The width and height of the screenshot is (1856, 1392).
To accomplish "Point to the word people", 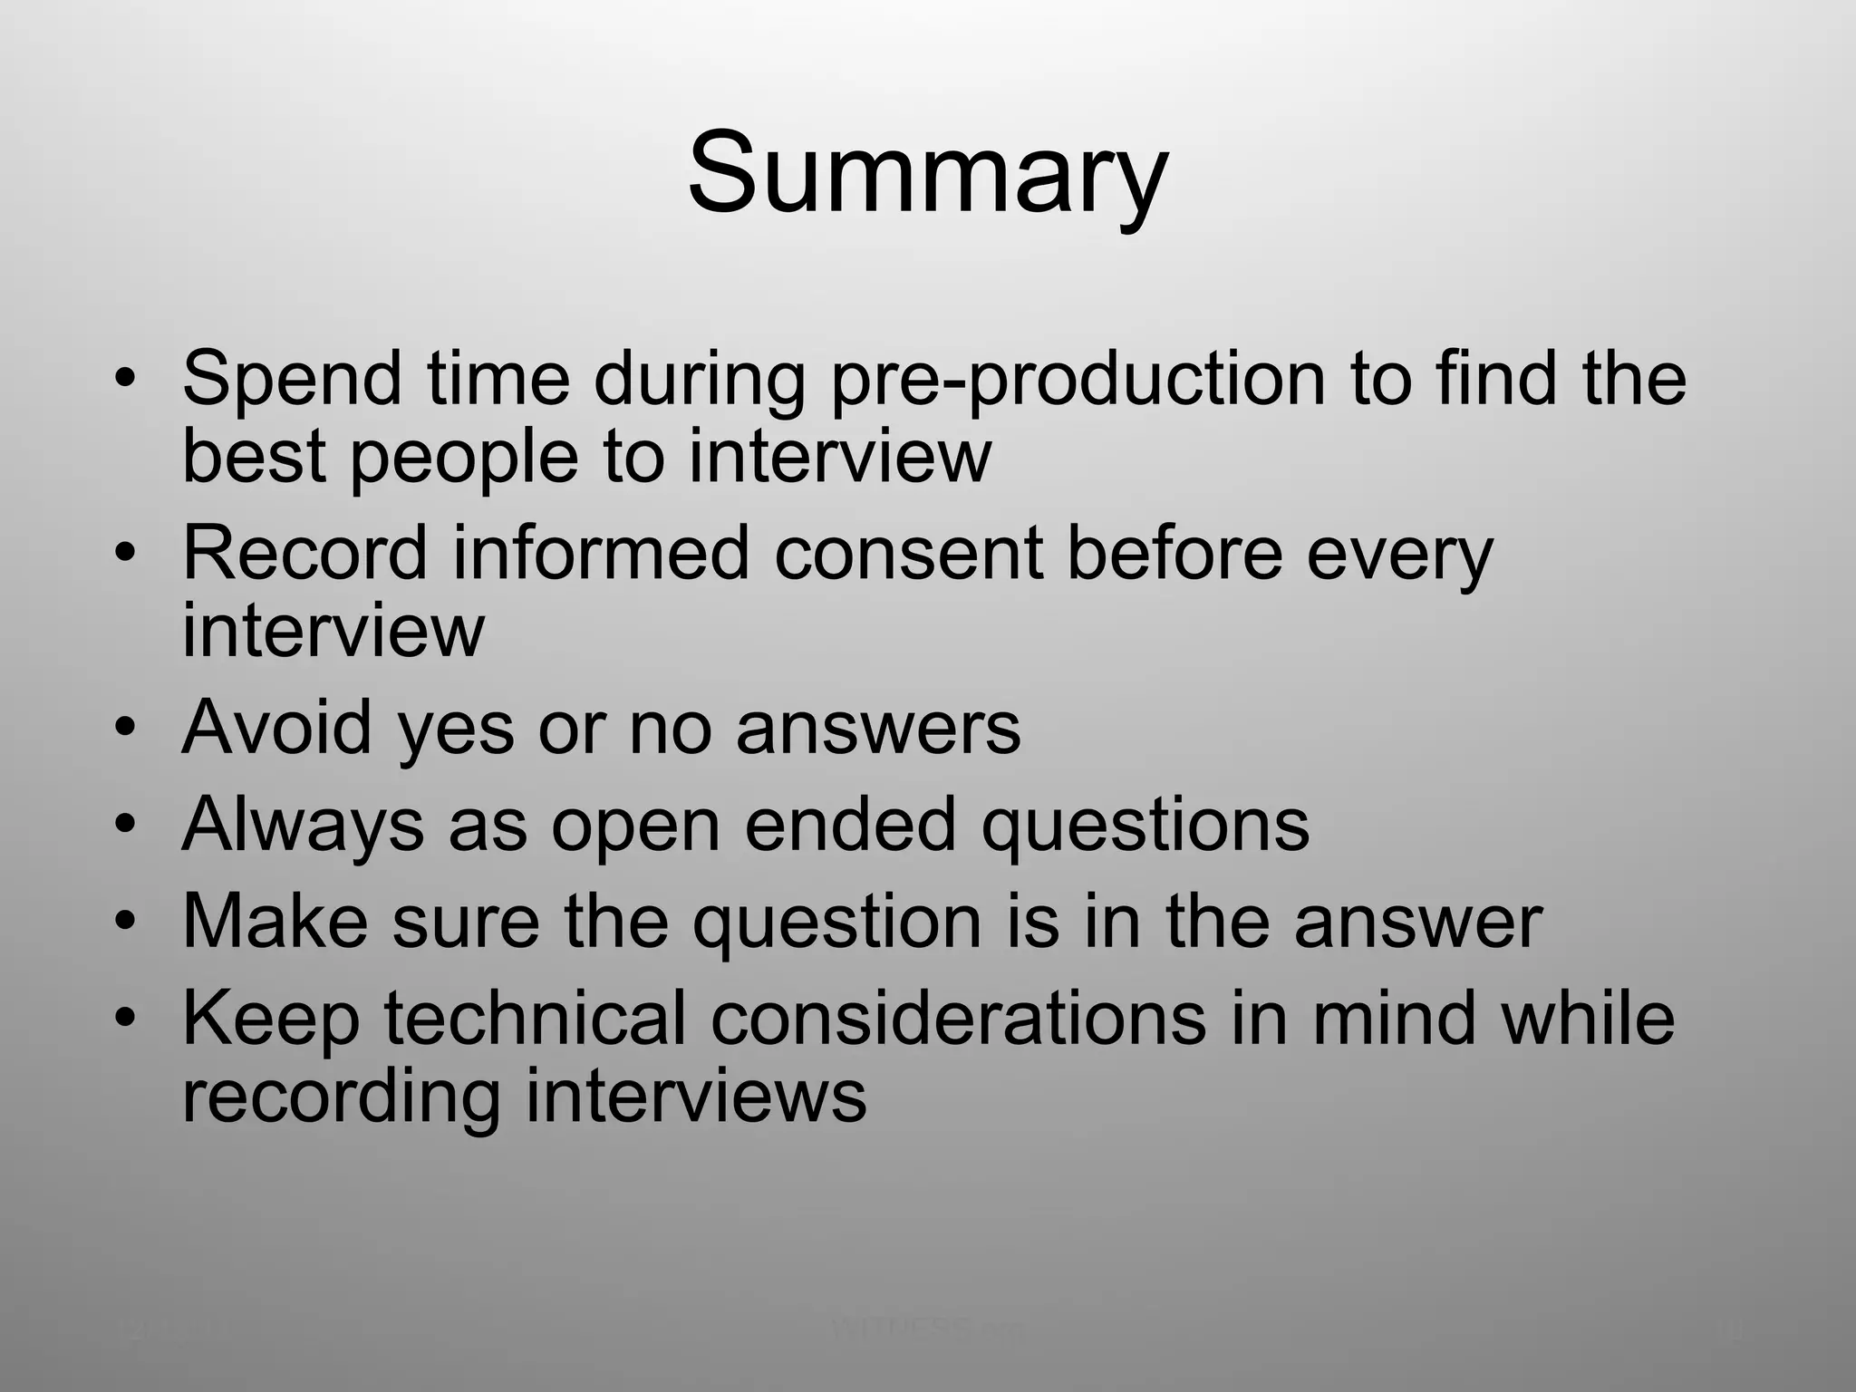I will coord(463,459).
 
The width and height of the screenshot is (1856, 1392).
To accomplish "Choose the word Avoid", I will coord(276,727).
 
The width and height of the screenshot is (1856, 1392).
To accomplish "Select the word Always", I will coord(303,826).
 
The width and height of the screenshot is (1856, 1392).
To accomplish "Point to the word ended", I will coord(850,825).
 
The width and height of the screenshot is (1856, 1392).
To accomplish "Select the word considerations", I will coord(958,1019).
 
